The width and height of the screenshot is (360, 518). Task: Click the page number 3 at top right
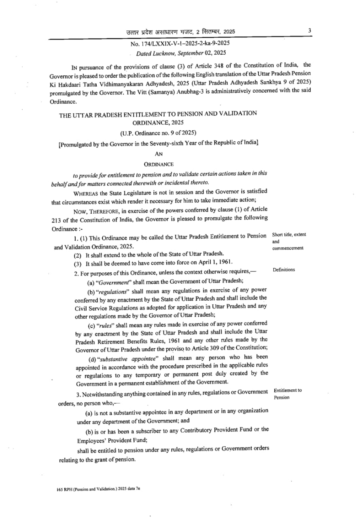tap(309, 30)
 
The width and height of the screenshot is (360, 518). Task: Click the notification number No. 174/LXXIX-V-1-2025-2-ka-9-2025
tap(180, 43)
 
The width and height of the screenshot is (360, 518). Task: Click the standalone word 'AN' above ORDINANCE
tap(159, 153)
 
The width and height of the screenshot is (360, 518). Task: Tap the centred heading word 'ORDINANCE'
tap(159, 164)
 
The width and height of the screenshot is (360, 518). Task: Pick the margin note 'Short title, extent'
tap(289, 235)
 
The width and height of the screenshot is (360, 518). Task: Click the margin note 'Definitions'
tap(284, 270)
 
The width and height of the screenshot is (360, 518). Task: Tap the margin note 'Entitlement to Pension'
tap(288, 394)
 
